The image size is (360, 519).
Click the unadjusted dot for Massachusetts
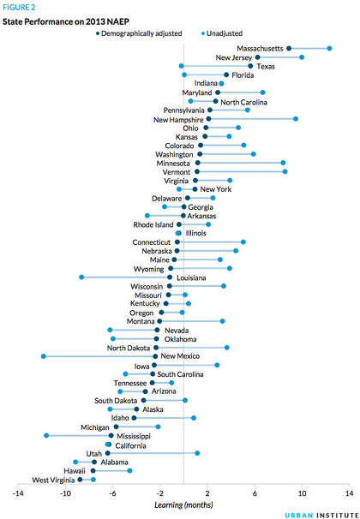click(x=329, y=49)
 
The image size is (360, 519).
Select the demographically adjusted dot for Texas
click(x=250, y=66)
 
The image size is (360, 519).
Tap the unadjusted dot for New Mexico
click(x=44, y=356)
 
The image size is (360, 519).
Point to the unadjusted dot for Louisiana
click(x=81, y=277)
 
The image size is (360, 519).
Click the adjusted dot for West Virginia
click(x=80, y=480)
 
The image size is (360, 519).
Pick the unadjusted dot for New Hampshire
click(x=296, y=119)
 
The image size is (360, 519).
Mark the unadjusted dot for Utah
click(x=197, y=453)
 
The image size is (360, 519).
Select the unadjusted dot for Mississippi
click(x=46, y=436)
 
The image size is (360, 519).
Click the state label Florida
click(x=243, y=75)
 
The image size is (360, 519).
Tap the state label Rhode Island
click(x=153, y=224)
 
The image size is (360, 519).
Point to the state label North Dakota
click(x=129, y=348)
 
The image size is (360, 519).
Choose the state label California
click(x=130, y=446)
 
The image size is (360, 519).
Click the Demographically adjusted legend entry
click(x=139, y=33)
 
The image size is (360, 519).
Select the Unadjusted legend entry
click(x=222, y=33)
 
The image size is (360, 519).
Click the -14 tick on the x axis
click(x=18, y=494)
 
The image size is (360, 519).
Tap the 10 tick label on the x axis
click(x=302, y=494)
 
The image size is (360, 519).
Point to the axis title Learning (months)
click(x=183, y=504)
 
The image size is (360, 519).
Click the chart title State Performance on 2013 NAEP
click(x=66, y=22)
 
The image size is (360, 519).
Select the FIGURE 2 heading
click(x=19, y=8)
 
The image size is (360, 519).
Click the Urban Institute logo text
click(x=321, y=515)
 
